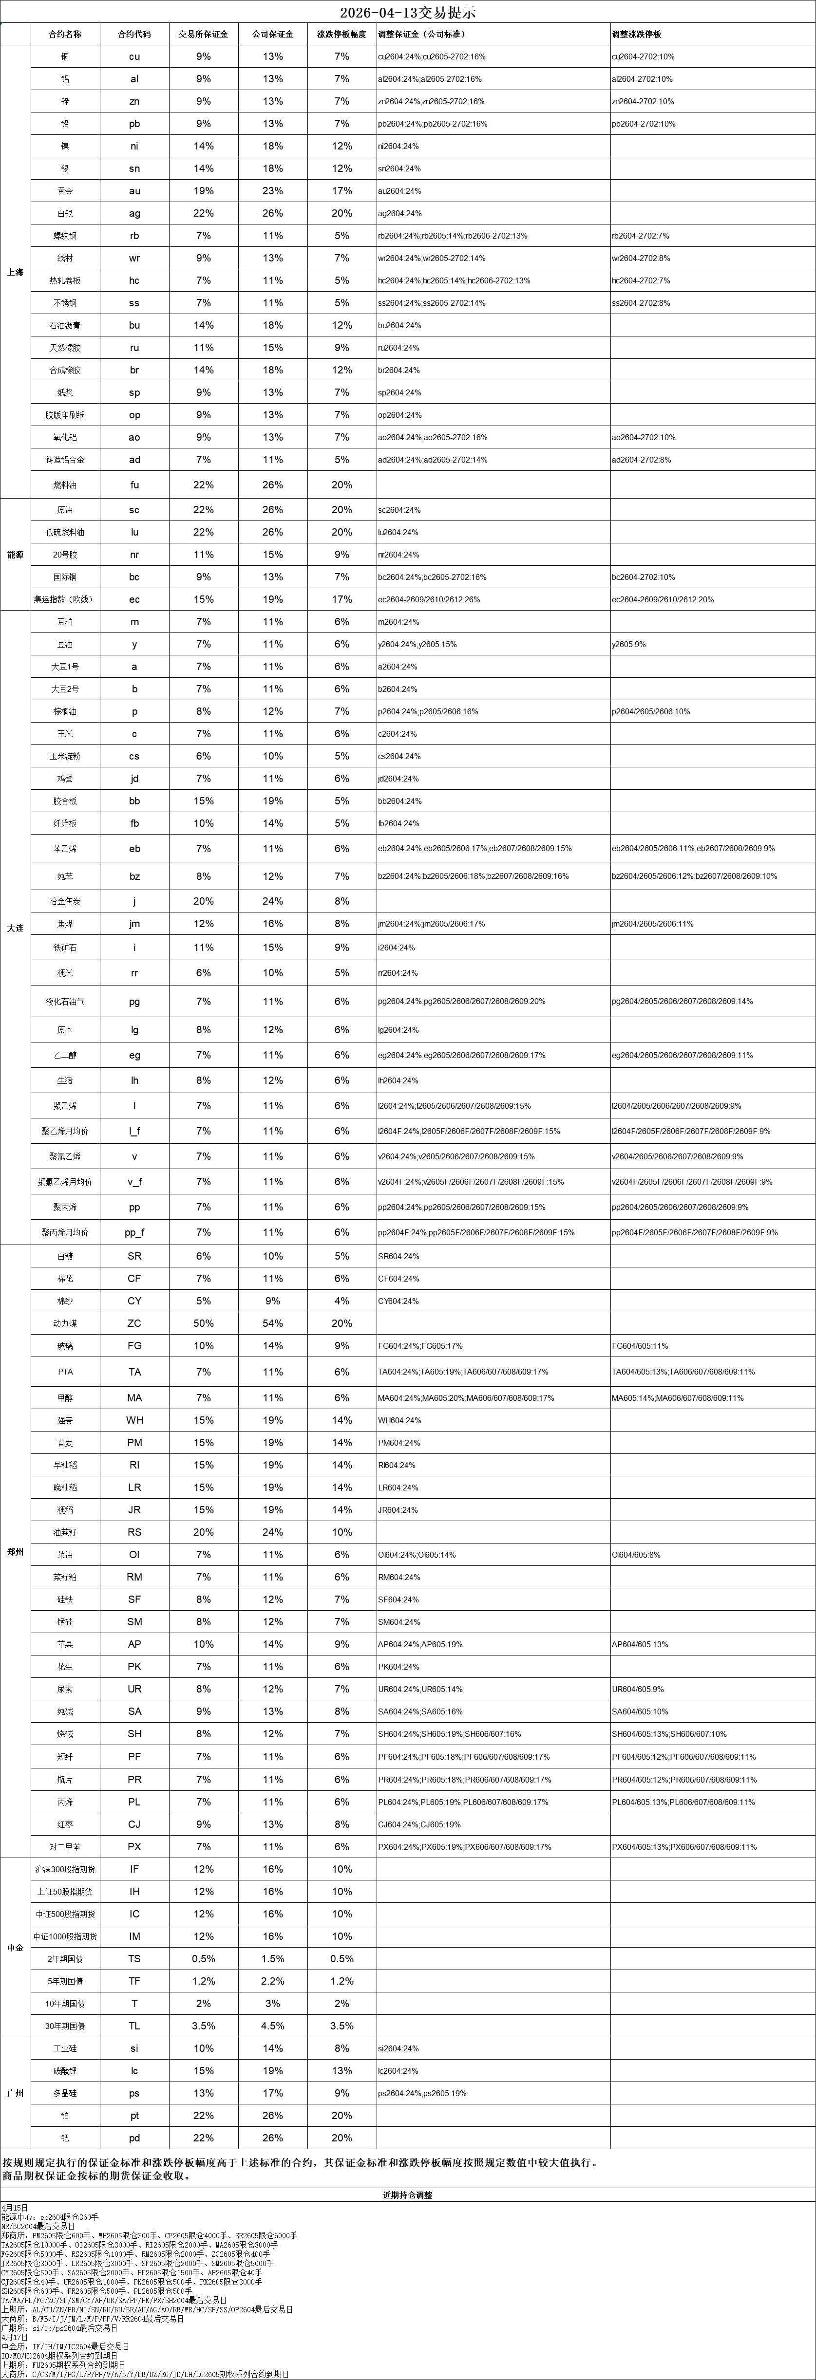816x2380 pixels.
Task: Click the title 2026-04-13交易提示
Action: coord(408,13)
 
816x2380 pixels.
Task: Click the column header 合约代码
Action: coord(134,34)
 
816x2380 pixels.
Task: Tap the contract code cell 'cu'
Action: coord(134,56)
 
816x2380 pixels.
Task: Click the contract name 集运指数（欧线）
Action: coord(65,599)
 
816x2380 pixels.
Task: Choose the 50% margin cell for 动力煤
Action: coord(203,1323)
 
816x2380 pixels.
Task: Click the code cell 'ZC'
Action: coord(134,1323)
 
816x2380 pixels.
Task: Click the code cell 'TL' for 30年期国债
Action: coord(134,2026)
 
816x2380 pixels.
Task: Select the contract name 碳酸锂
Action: coord(65,2070)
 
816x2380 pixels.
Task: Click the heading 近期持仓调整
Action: coord(408,2195)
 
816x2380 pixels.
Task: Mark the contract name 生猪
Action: coord(65,1080)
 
